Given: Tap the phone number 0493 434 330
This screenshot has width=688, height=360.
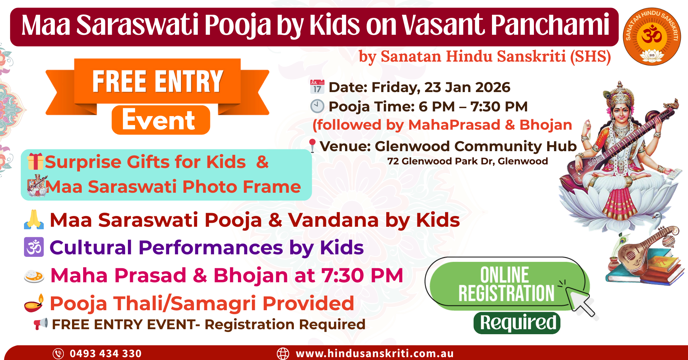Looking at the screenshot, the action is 106,354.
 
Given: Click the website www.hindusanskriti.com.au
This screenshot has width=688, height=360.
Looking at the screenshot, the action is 375,354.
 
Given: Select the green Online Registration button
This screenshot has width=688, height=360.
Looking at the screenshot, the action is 507,285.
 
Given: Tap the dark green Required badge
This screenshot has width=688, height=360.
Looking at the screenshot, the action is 517,323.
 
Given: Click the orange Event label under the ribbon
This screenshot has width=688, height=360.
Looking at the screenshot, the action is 161,120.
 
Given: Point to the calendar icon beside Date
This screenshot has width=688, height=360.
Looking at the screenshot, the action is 317,87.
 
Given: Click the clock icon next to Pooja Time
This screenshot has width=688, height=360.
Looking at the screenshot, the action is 317,106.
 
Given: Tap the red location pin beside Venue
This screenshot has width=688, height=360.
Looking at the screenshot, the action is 312,146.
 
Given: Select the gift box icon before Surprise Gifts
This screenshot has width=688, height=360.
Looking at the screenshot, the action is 35,161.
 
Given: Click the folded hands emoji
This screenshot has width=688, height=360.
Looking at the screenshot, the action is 34,219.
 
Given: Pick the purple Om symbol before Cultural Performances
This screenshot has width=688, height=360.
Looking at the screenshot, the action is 34,247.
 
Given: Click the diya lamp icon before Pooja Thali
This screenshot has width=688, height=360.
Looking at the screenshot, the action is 34,303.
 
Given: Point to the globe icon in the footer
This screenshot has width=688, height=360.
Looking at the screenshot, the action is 283,354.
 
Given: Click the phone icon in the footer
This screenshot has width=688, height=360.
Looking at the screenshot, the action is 58,354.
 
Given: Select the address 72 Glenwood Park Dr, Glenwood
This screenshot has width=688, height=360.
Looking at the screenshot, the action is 468,161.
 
